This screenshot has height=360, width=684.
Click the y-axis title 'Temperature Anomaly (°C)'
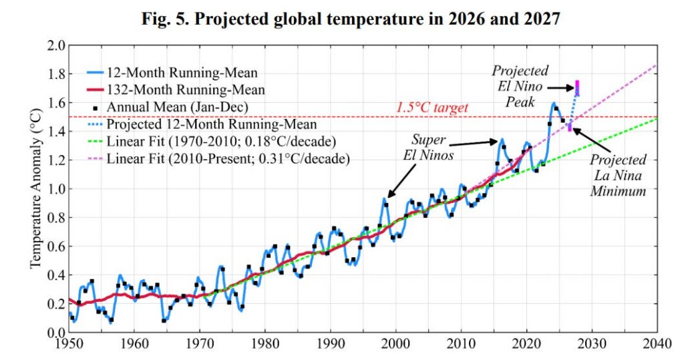click(35, 189)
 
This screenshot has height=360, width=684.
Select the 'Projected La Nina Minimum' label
click(618, 176)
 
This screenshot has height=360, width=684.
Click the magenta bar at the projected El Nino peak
click(577, 87)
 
